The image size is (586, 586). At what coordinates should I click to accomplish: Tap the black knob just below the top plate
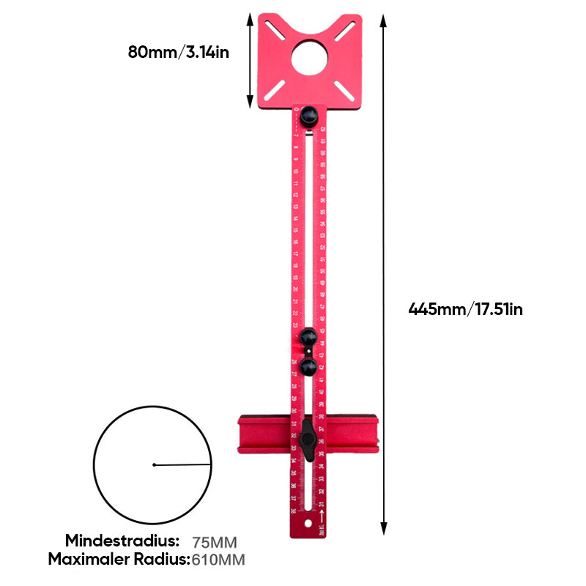click(308, 115)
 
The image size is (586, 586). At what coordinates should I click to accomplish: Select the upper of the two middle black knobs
click(308, 337)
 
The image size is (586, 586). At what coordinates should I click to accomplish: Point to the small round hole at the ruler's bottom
click(319, 524)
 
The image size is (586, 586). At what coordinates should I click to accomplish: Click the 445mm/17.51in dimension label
click(465, 309)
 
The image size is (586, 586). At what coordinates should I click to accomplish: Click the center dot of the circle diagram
click(154, 464)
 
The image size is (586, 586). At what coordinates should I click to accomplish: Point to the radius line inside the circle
click(183, 464)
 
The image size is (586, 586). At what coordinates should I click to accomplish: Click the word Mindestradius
click(122, 541)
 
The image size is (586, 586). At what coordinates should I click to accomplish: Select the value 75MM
click(215, 543)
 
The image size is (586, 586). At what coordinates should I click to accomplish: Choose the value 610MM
click(218, 560)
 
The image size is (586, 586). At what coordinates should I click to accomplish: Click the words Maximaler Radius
click(119, 560)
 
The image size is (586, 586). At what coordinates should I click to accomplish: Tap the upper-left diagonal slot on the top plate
click(277, 30)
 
